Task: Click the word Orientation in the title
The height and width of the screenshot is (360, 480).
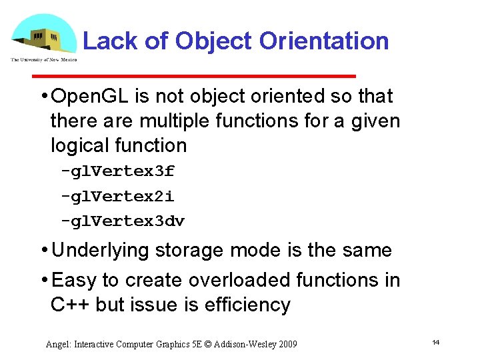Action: (324, 41)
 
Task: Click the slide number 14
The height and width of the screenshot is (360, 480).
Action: (435, 342)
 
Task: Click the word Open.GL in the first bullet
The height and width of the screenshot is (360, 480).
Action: (91, 97)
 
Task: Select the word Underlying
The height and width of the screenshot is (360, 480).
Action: (101, 251)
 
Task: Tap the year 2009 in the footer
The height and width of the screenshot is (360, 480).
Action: (286, 344)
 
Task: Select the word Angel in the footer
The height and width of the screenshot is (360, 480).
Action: (58, 344)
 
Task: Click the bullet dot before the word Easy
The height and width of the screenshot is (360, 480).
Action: (43, 280)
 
